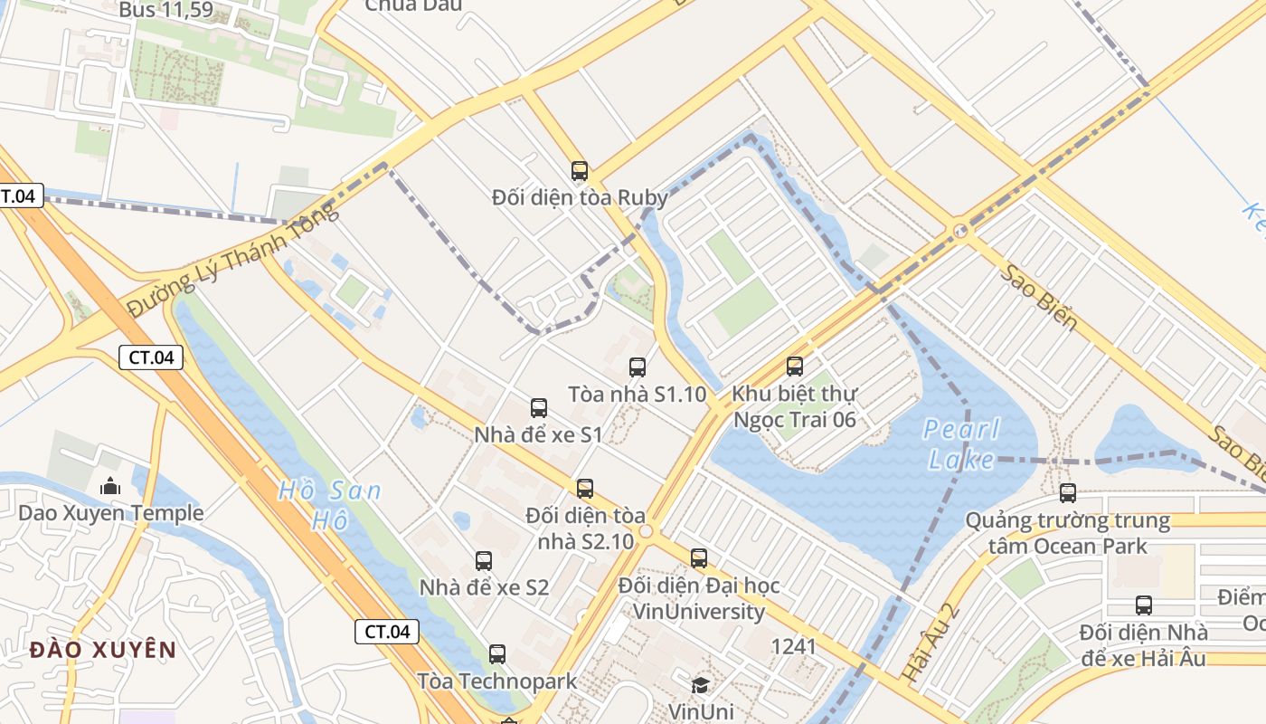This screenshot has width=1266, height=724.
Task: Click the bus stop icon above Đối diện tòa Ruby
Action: (580, 170)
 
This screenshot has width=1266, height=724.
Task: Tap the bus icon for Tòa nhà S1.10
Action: (638, 367)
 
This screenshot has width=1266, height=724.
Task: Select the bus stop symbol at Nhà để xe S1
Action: (539, 407)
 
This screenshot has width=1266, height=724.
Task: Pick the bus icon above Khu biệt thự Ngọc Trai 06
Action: (795, 366)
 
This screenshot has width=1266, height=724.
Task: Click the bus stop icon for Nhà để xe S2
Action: (484, 560)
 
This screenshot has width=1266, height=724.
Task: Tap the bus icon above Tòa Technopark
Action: (497, 653)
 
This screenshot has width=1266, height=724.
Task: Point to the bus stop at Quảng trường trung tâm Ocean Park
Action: (1068, 492)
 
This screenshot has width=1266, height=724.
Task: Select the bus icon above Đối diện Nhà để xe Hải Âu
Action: (1144, 605)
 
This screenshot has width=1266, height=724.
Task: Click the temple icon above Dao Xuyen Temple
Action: (110, 486)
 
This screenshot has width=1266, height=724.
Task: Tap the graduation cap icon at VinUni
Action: (701, 684)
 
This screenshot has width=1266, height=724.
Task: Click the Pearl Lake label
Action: (961, 443)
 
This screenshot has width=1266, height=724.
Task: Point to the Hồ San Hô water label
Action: (329, 505)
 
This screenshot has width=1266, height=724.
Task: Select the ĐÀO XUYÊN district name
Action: (103, 649)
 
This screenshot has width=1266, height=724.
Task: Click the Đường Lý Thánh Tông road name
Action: (231, 260)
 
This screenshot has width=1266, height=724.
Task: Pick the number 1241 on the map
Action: (793, 646)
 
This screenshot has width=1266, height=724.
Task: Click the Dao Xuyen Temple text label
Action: (111, 513)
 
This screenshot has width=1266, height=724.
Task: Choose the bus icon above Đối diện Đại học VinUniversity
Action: (699, 557)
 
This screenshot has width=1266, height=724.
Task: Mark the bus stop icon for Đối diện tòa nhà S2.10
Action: (585, 489)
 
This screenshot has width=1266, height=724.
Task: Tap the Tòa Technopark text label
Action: (496, 681)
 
